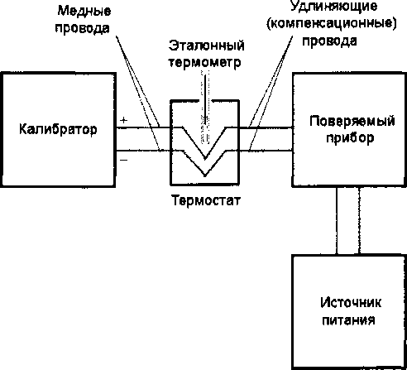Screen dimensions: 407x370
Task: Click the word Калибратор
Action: click(58, 129)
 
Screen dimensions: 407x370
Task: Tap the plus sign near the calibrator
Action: click(124, 120)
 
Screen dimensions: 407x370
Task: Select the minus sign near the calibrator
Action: click(124, 160)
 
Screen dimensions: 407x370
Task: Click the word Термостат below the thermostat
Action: click(206, 200)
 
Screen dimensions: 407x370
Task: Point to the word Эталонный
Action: click(207, 46)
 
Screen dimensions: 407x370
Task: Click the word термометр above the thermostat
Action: click(204, 63)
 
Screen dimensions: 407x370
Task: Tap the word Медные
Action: click(84, 12)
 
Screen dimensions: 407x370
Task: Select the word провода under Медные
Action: click(83, 28)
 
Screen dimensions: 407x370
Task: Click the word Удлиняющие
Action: click(333, 6)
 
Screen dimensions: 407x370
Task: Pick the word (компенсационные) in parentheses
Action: click(332, 23)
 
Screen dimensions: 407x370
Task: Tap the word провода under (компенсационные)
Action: click(330, 41)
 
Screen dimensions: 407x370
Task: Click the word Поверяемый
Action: click(352, 121)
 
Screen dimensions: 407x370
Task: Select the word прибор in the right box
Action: click(350, 137)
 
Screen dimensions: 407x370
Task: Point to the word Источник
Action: click(351, 303)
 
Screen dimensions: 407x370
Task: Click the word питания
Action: click(348, 320)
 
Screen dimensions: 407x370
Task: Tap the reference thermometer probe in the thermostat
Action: click(205, 108)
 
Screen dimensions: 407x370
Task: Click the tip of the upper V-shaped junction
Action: click(205, 159)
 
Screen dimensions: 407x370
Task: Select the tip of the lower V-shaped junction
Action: click(205, 175)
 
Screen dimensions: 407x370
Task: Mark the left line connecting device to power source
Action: click(337, 221)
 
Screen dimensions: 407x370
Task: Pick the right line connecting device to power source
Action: click(359, 221)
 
